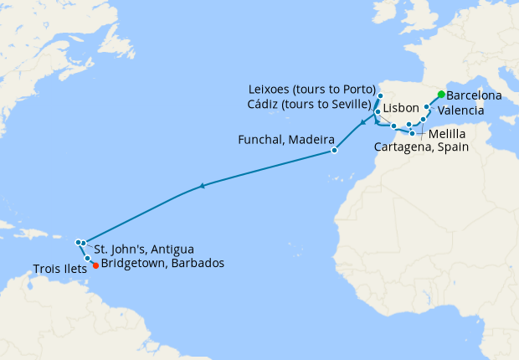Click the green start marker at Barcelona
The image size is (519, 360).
(x=441, y=95)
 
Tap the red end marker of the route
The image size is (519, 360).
(x=95, y=266)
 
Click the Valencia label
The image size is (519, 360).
(x=460, y=111)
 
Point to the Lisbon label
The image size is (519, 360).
(x=402, y=110)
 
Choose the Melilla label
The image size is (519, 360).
(x=449, y=132)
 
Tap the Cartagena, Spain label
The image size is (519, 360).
(x=421, y=147)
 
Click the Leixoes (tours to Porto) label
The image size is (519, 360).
(x=312, y=90)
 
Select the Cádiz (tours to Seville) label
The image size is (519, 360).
(x=310, y=104)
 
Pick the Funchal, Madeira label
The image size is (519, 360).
(x=287, y=139)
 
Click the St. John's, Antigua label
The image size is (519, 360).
(x=144, y=249)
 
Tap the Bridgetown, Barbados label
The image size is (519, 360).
(x=162, y=263)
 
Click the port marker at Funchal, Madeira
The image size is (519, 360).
(x=334, y=151)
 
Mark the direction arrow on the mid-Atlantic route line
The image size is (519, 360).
(x=202, y=187)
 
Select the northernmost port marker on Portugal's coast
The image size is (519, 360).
(x=380, y=96)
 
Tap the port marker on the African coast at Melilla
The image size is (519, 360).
(x=412, y=133)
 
